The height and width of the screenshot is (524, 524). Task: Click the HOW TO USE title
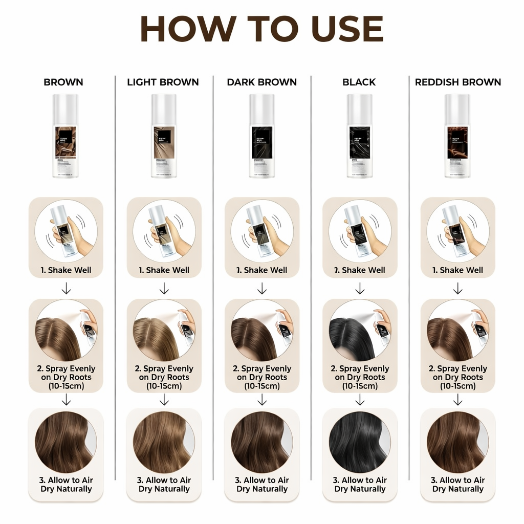click(x=261, y=29)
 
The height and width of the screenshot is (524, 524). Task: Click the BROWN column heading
click(x=63, y=82)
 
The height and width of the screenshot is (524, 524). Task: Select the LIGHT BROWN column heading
click(x=163, y=82)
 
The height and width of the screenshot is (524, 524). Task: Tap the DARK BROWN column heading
click(x=261, y=82)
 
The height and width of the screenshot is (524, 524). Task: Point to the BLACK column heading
click(x=359, y=82)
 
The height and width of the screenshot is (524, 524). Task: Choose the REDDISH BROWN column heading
click(x=457, y=82)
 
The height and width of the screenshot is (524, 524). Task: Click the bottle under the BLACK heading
click(x=360, y=136)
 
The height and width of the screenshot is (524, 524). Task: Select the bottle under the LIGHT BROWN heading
click(x=164, y=136)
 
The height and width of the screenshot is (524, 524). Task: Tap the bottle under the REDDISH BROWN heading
click(x=457, y=136)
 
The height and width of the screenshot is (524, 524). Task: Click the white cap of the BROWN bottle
click(x=65, y=107)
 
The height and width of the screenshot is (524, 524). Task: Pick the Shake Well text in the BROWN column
click(x=67, y=270)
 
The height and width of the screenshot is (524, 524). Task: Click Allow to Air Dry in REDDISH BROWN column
click(x=457, y=484)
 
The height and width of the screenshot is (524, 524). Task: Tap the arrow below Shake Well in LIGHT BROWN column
click(x=164, y=290)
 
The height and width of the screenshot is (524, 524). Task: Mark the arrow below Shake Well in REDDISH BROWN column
click(x=457, y=290)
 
